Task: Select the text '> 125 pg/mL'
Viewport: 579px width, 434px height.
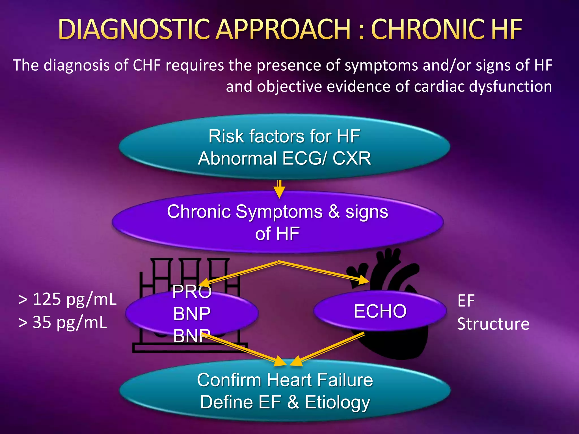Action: click(67, 299)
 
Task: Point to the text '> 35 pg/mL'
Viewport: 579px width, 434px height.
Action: click(62, 322)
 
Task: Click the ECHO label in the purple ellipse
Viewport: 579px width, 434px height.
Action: click(380, 311)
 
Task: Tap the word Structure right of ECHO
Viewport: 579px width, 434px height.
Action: click(493, 324)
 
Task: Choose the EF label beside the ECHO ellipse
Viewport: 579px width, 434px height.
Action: click(466, 301)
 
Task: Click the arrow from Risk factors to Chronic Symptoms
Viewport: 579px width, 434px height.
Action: click(279, 189)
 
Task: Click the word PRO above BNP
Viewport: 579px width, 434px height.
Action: click(192, 292)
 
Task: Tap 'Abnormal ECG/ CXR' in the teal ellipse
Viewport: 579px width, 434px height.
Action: click(284, 158)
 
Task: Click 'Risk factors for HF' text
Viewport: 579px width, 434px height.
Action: click(284, 136)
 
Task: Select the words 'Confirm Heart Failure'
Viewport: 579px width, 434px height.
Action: click(285, 380)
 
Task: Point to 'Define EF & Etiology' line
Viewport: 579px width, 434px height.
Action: click(285, 402)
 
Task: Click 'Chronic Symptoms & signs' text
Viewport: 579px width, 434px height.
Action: click(278, 212)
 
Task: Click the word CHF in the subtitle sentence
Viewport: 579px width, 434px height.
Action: click(147, 65)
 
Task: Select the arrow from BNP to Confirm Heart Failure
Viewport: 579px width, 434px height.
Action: click(246, 350)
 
